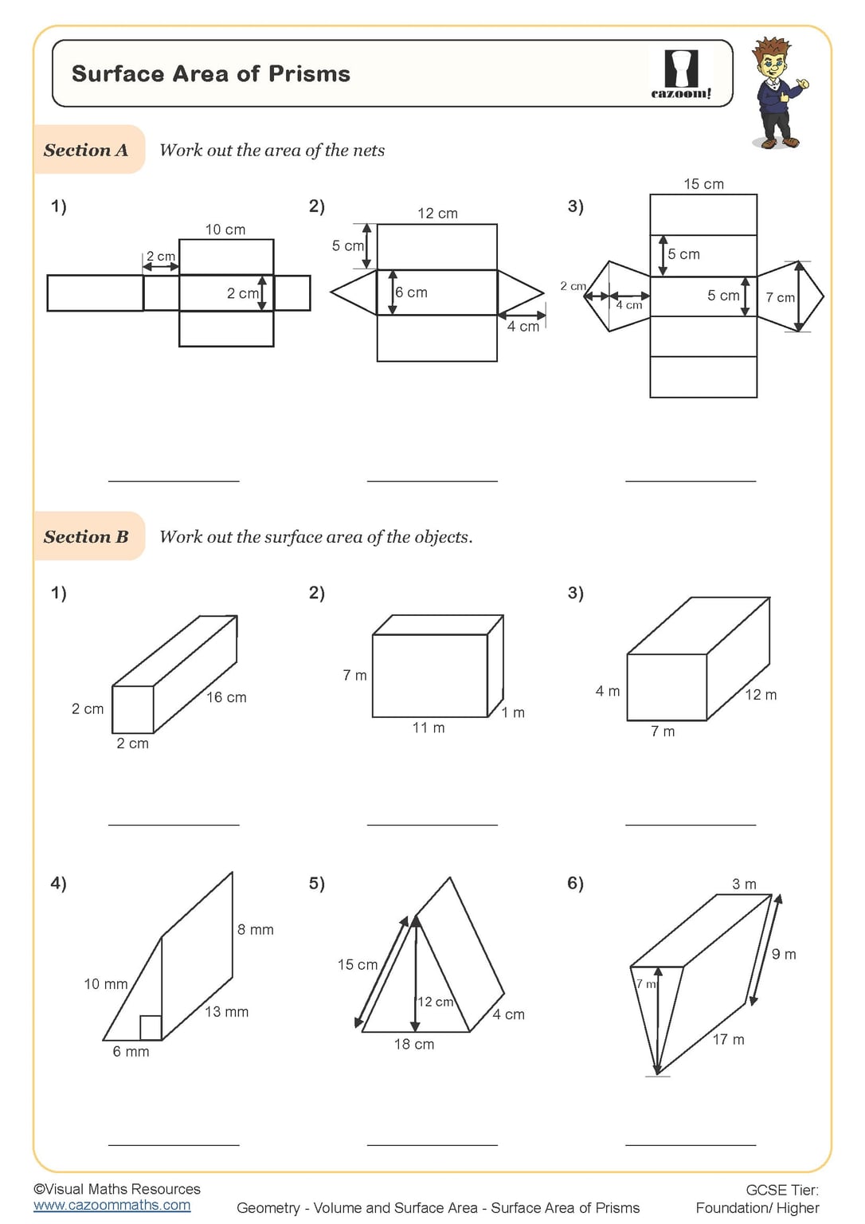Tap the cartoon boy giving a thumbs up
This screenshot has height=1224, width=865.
click(777, 93)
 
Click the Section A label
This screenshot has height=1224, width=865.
click(86, 150)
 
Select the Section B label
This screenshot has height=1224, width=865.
click(86, 536)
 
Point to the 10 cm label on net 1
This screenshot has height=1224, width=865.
click(225, 229)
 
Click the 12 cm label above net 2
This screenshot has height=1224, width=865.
click(437, 213)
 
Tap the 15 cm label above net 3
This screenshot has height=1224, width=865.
click(703, 184)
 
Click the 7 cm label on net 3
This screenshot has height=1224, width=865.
click(780, 297)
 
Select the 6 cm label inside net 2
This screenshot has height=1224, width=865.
click(412, 292)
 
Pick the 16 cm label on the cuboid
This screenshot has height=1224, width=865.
click(226, 697)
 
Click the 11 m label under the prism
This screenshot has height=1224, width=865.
click(429, 728)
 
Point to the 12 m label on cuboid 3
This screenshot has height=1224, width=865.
click(761, 695)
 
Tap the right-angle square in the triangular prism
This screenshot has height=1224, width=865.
click(151, 1027)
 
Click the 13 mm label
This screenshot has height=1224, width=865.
click(226, 1012)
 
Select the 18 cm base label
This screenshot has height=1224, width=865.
click(414, 1044)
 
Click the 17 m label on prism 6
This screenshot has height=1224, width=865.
click(728, 1039)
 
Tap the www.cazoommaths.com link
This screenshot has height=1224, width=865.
click(112, 1205)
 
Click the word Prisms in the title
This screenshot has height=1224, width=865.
click(309, 74)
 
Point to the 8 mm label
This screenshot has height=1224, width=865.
click(255, 929)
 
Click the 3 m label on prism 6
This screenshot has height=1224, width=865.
click(744, 884)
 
